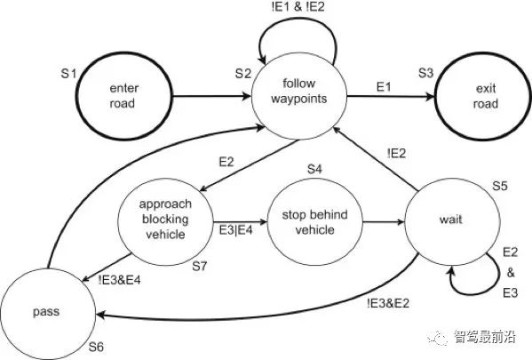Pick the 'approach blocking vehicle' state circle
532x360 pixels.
pos(166,221)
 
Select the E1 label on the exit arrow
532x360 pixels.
pos(383,86)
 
